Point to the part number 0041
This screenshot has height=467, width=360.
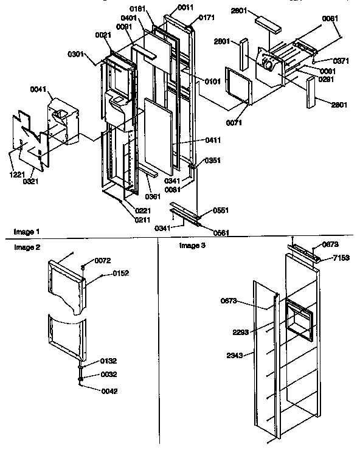pos(38,91)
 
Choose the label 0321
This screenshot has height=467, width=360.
pos(31,181)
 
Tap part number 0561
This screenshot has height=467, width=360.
pos(221,232)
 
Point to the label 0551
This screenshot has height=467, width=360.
pos(221,210)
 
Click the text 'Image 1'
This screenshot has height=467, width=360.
pos(27,232)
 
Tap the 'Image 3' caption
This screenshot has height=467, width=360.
pos(191,245)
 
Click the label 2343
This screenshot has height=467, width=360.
pos(237,356)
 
